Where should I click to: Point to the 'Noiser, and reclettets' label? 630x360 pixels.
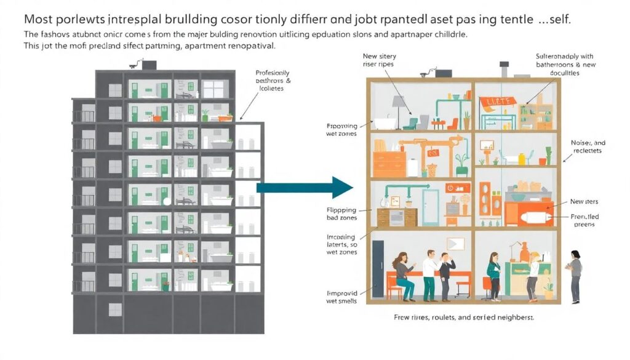(x=587, y=146)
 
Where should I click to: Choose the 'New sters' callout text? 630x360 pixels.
(x=584, y=201)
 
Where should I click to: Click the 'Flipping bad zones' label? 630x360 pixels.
(x=341, y=214)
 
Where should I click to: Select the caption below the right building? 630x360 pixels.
(x=463, y=318)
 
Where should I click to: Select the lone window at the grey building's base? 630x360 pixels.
(x=115, y=309)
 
